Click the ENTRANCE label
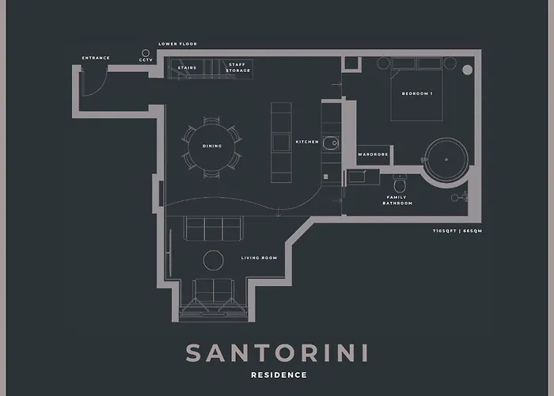coord(96,58)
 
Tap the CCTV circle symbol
coord(145,51)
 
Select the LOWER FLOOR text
coord(177,44)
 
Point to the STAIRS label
coord(187,68)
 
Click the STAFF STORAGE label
coord(239,68)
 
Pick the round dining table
coord(211,146)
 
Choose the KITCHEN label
coord(307,142)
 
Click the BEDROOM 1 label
coord(417,93)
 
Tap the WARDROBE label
coord(373,154)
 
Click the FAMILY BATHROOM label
coord(397,200)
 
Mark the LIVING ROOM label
coord(258,258)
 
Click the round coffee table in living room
coord(214,261)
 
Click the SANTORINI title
coord(277,352)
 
